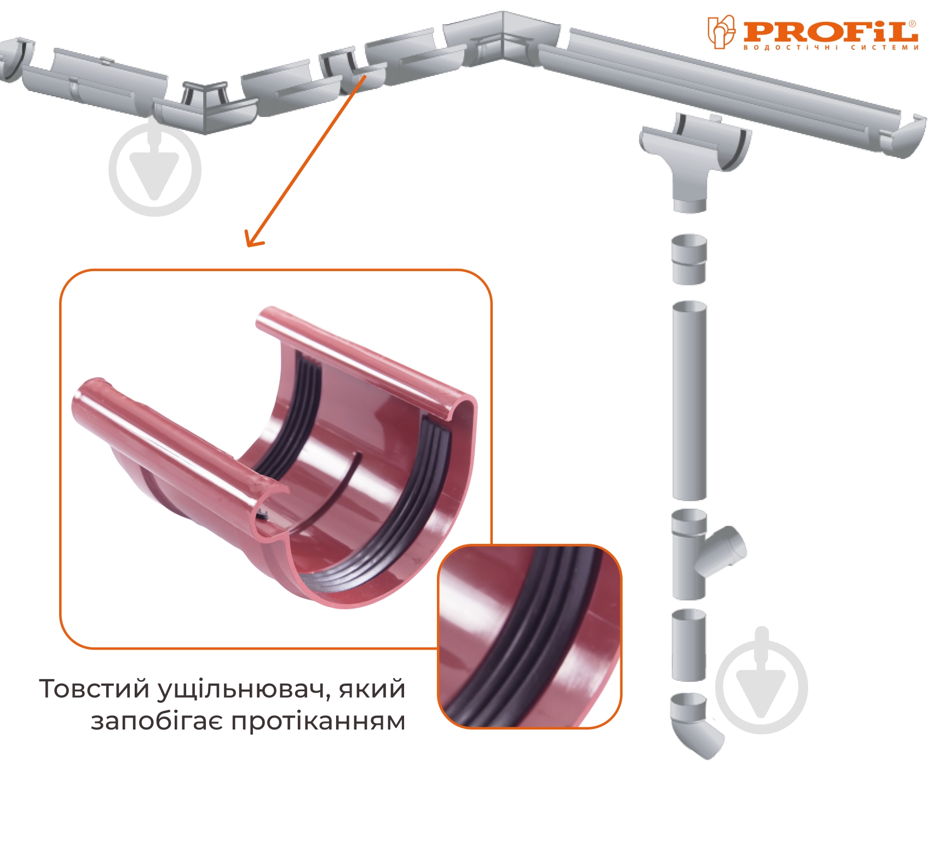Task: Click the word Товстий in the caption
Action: tap(94, 688)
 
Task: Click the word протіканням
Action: tap(318, 722)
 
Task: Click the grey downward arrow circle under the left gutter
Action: tap(155, 169)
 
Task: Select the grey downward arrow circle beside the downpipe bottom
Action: tap(762, 687)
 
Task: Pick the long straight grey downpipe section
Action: tap(689, 400)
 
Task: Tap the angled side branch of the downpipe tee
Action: tap(724, 550)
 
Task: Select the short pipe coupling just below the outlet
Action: tap(689, 259)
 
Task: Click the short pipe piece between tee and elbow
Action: tap(689, 645)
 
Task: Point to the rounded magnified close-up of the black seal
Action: tap(529, 636)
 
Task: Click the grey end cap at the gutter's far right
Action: tap(903, 136)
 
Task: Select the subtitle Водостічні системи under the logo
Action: tap(831, 48)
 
